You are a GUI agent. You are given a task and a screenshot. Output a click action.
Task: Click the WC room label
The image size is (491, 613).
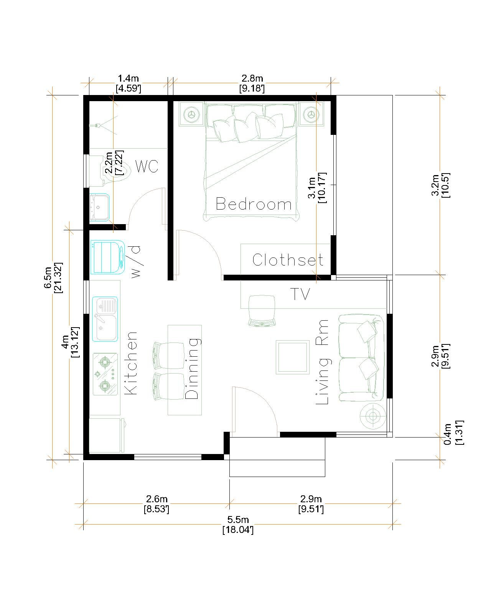tap(147, 166)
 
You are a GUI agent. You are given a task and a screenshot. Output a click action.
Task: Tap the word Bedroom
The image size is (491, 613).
tap(253, 204)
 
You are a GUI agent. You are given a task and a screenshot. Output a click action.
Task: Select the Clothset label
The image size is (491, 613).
tap(288, 259)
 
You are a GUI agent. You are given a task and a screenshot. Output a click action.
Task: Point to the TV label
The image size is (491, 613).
tap(300, 294)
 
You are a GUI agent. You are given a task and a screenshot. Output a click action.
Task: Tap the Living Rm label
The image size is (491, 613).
tap(322, 362)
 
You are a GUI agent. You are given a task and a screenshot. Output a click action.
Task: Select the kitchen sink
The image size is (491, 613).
tap(105, 319)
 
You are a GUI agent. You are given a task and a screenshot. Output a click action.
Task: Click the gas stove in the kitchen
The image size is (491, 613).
tap(105, 374)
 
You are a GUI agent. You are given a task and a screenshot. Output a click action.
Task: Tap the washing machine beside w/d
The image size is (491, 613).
tap(107, 257)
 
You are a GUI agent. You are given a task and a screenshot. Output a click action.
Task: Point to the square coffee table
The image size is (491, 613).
tap(292, 357)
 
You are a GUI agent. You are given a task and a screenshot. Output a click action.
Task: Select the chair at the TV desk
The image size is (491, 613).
tap(262, 310)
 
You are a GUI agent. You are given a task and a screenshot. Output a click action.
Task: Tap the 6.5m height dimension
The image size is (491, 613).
tap(53, 277)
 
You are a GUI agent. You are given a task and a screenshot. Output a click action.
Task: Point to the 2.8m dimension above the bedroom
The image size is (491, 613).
tap(252, 83)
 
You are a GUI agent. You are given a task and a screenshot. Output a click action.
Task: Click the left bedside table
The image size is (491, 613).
tap(191, 114)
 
